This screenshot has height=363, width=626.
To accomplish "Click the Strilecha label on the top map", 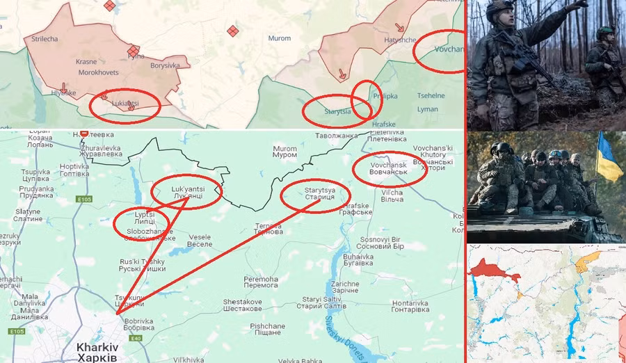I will [x=45, y=39].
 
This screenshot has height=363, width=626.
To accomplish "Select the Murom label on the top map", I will [x=279, y=38].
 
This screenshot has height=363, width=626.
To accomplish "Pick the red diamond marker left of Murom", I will [x=232, y=31].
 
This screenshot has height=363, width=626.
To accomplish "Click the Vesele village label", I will [x=200, y=241].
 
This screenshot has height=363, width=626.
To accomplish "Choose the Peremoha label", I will [x=261, y=283].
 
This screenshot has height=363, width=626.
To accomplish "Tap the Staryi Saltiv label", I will [x=319, y=303].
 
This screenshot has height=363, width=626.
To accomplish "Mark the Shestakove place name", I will [x=242, y=305].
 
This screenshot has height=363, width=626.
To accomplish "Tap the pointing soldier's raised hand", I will [x=579, y=6].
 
